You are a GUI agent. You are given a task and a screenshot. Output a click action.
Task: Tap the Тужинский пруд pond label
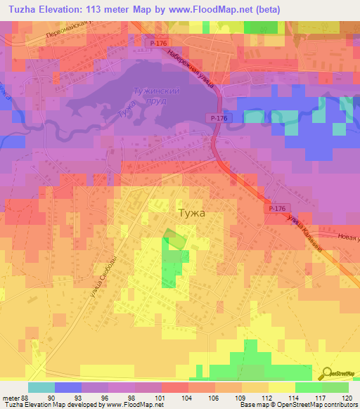(x=157, y=96)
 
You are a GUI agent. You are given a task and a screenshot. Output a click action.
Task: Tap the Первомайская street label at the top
(x=70, y=34)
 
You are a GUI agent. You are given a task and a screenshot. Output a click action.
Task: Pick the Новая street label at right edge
(x=347, y=240)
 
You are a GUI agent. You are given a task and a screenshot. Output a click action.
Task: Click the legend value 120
(x=348, y=397)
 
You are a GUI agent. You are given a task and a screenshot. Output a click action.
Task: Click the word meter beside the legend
(x=10, y=397)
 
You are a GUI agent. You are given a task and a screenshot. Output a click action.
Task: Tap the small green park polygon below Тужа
(x=175, y=240)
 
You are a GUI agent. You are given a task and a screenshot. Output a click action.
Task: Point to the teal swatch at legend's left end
(x=41, y=387)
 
